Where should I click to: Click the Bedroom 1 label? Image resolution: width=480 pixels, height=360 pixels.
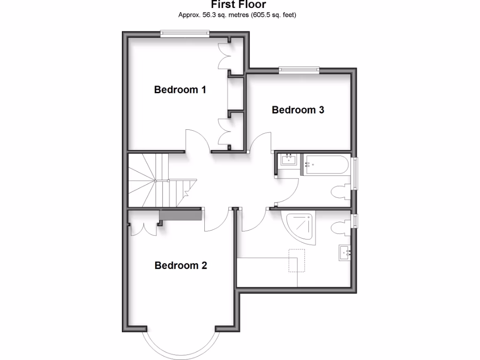(x=180, y=90)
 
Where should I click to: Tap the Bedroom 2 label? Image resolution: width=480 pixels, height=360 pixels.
(x=180, y=266)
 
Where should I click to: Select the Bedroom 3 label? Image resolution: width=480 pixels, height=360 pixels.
(x=298, y=110)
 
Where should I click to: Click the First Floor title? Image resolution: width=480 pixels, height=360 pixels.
(x=238, y=5)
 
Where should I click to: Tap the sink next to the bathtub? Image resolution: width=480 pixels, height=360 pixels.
(x=287, y=160)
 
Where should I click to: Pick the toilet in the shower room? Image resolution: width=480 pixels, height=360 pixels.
(x=339, y=228)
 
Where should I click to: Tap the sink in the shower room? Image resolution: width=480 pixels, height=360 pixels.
(x=345, y=254)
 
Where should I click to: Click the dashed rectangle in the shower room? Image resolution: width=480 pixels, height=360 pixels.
(x=297, y=261)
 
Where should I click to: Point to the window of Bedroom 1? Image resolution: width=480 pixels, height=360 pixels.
(x=184, y=33)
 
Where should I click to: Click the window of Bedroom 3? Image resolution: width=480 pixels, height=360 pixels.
(x=299, y=70)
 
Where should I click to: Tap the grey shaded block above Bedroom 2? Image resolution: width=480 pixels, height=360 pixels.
(x=180, y=215)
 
